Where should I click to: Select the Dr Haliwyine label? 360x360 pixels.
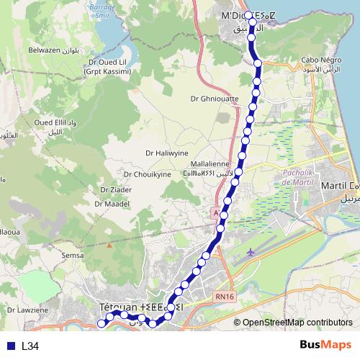pos(166,153)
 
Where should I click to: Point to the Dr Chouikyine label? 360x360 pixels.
pos(147,174)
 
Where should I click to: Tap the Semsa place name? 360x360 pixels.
pos(73,255)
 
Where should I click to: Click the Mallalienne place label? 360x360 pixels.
pos(209,163)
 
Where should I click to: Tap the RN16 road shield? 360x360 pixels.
pos(225,295)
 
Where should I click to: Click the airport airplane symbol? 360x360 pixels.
pos(250,253)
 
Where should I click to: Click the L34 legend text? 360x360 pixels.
pos(30,346)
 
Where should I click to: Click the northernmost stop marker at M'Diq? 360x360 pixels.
pos(248,14)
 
